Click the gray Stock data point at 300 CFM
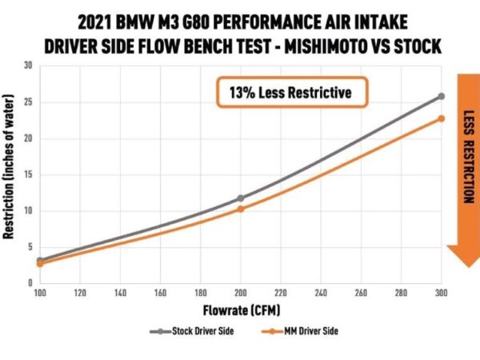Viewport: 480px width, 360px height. coord(441,96)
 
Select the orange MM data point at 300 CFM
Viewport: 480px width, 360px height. coord(441,118)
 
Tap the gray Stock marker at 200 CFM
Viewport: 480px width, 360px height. coord(240,198)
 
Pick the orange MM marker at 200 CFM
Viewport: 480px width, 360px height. coord(240,209)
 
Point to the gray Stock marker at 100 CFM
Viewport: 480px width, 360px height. coord(41,261)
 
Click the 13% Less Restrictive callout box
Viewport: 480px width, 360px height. coord(290,93)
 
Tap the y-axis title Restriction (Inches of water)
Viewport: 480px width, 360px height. coord(10,175)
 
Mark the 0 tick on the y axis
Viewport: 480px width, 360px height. coord(30,283)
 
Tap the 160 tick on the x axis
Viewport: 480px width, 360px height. coord(160,293)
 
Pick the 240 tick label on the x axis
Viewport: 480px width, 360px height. coord(320,293)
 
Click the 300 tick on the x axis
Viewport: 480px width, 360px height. coord(440,293)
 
